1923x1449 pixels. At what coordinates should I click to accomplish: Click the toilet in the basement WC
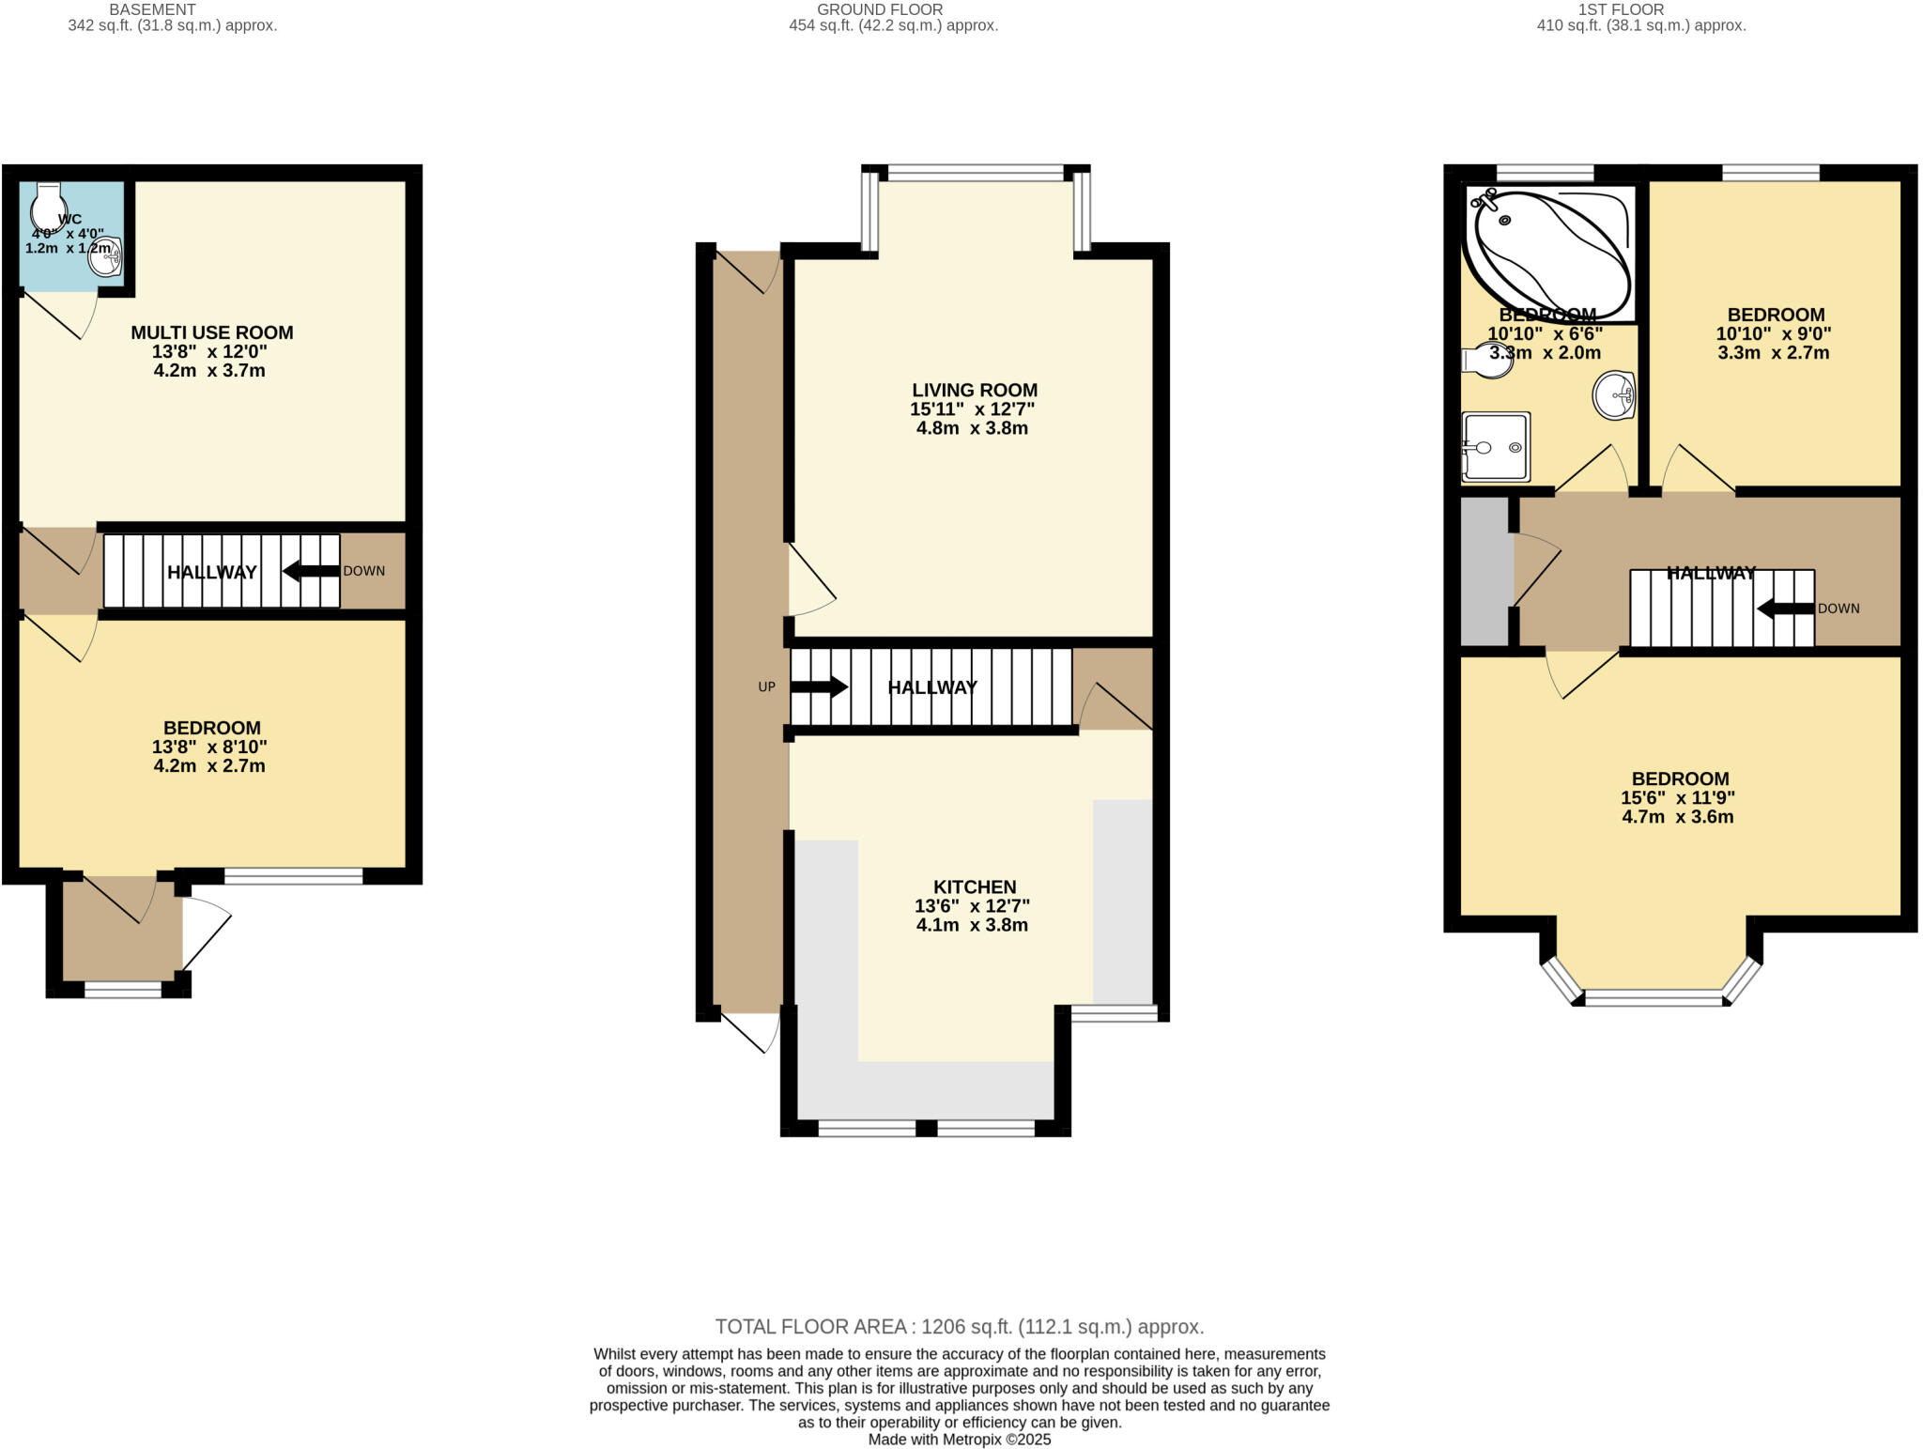tap(47, 201)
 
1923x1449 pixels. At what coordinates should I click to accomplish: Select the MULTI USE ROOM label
tap(211, 332)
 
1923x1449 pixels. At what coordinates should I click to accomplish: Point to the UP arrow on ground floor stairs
tap(819, 686)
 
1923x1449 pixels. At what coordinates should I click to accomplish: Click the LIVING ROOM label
tap(974, 390)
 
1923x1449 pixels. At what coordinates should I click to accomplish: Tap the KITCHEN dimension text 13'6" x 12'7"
tap(972, 906)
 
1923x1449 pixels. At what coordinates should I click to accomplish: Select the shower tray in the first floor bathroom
tap(1496, 447)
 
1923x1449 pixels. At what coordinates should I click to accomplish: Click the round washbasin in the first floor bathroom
tap(1614, 395)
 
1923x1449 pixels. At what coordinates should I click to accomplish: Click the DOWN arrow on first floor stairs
tap(1785, 609)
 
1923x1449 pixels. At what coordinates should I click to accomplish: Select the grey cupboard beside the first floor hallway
tap(1484, 571)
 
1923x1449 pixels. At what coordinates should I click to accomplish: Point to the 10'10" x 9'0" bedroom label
tap(1775, 333)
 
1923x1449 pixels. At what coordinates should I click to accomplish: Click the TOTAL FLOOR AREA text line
tap(959, 1327)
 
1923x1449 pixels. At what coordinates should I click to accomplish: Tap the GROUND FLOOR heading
tap(879, 9)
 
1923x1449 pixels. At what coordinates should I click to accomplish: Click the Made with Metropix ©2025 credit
tap(959, 1440)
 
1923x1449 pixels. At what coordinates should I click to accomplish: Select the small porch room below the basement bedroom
tap(122, 930)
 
